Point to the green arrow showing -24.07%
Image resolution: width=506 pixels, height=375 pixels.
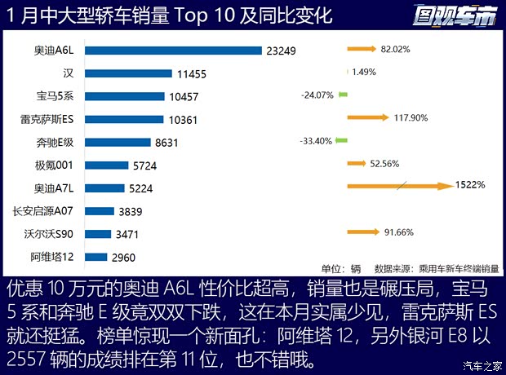[x=344, y=95]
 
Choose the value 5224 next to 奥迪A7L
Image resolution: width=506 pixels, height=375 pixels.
[x=140, y=188]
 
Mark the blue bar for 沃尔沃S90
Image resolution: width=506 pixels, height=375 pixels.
[x=98, y=234]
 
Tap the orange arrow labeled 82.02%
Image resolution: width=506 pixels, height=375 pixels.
[x=367, y=49]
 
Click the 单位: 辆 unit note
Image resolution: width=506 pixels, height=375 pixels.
[x=340, y=268]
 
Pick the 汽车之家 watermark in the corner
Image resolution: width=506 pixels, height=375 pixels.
[x=480, y=364]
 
